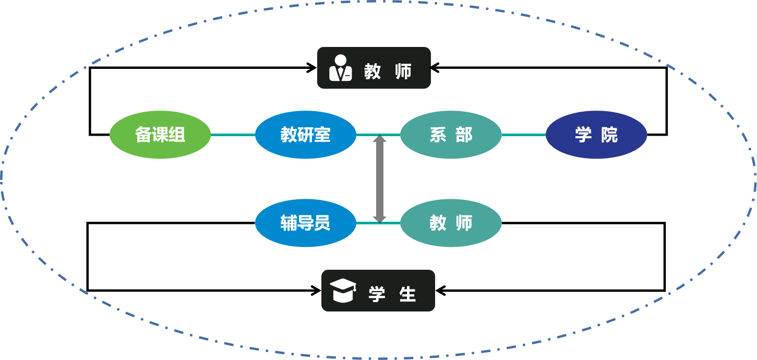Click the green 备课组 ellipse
coord(160,135)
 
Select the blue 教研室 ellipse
coord(306,135)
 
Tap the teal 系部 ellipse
coord(451,135)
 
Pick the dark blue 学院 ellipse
coord(596,135)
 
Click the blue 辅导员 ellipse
coord(306,223)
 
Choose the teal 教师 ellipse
coord(451,223)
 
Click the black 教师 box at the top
coord(374,68)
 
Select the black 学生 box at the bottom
coord(378,291)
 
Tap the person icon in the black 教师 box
coord(341,68)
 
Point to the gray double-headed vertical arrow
coord(379,179)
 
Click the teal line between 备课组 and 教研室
coord(233,135)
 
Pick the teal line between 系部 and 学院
coord(524,135)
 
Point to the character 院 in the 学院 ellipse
coord(609,135)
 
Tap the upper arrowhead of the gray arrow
coord(379,139)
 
